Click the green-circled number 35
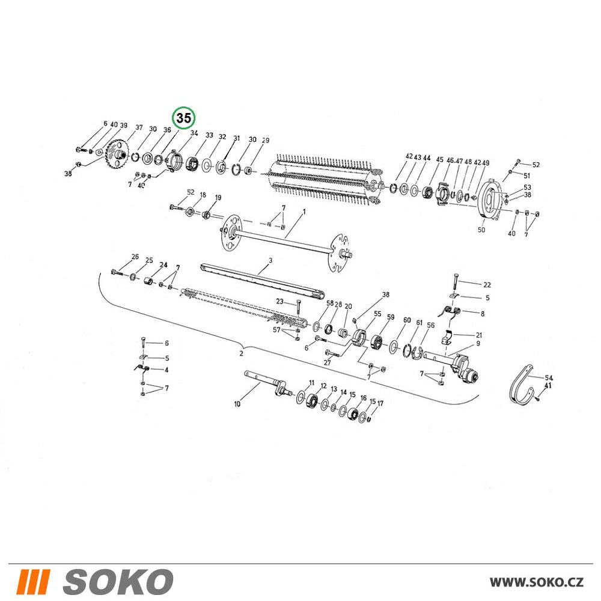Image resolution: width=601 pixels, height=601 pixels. [183, 118]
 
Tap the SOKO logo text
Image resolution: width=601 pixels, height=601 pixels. [118, 581]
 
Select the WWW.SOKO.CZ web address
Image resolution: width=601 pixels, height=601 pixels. [537, 582]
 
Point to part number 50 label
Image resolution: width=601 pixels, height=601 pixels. [481, 230]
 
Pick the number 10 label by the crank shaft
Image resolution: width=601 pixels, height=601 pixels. [237, 404]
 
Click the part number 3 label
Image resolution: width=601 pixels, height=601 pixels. [270, 261]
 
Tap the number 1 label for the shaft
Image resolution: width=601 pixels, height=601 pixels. [304, 212]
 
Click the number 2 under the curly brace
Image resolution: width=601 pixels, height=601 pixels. [241, 353]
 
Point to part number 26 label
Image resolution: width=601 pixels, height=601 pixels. [135, 257]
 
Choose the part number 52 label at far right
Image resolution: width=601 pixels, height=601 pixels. [536, 165]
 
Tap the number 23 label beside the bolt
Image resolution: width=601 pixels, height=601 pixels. [280, 302]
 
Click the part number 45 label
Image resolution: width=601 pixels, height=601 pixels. [440, 159]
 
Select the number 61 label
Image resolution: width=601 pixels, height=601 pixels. [419, 323]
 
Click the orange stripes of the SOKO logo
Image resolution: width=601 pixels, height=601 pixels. [34, 582]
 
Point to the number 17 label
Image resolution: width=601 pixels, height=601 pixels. [380, 404]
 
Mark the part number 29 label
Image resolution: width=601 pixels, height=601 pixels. [266, 141]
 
